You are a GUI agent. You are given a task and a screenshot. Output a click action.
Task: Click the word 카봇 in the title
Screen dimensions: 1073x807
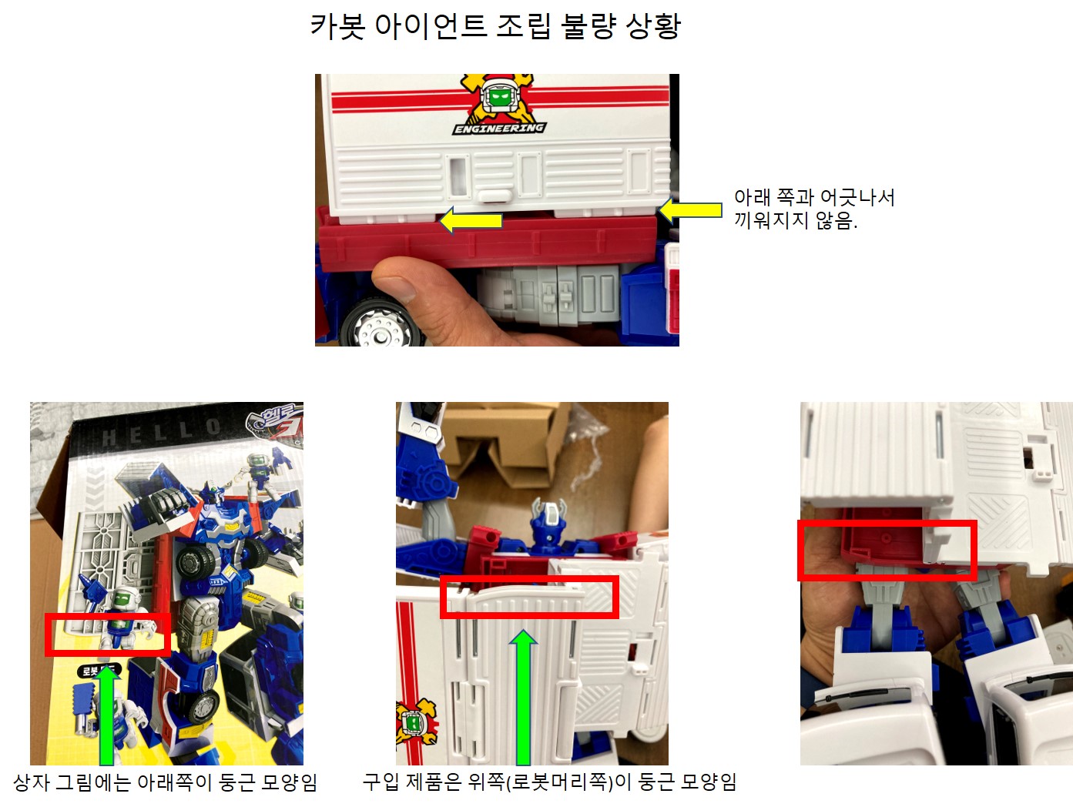coord(338,26)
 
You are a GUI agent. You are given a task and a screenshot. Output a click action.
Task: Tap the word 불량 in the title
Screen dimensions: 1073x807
coord(588,26)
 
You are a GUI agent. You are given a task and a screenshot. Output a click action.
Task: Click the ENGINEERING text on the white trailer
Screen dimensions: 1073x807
coord(499,129)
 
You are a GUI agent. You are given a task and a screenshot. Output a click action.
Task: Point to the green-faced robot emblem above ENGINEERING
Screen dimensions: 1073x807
coord(499,97)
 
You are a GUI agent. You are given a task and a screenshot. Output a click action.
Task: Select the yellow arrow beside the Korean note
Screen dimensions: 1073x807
coord(689,210)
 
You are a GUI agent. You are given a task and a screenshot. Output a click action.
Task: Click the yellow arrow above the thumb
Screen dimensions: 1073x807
coord(471,220)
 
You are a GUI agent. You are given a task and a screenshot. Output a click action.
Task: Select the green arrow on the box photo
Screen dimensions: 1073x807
coord(107,714)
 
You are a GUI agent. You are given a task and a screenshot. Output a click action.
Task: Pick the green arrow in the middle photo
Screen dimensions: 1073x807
coord(523,697)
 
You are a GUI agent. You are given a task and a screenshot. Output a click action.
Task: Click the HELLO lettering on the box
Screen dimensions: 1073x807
coord(161,432)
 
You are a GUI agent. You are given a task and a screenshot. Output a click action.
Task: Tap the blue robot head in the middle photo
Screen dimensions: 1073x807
coord(549,523)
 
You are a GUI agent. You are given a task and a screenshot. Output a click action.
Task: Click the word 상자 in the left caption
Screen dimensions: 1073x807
coord(31,782)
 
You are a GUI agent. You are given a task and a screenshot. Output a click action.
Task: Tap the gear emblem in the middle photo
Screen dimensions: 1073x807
coord(415,722)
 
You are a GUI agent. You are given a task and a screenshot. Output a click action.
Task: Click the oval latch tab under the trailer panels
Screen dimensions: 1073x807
coord(495,196)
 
